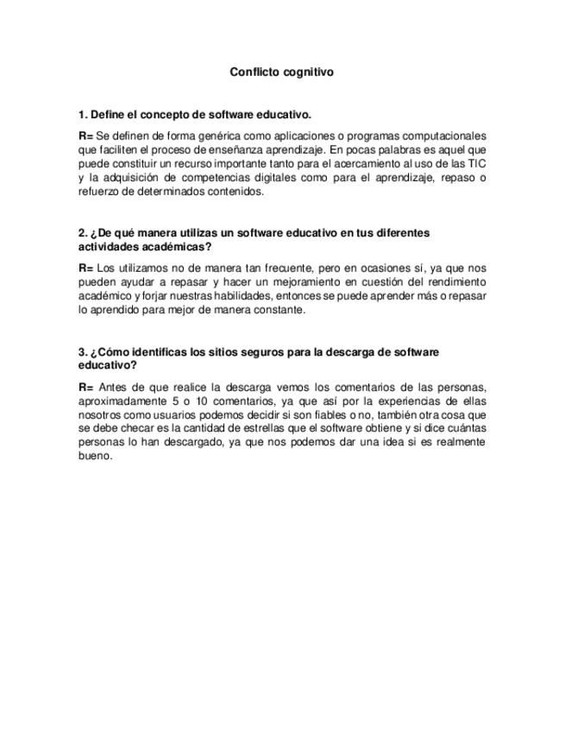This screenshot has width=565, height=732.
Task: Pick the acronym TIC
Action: point(475,164)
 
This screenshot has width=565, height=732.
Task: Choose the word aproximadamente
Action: point(120,401)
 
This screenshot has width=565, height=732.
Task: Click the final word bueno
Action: point(95,457)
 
